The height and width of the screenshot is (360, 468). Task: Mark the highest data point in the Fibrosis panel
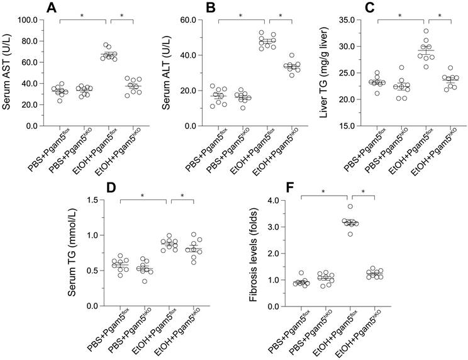[350, 206]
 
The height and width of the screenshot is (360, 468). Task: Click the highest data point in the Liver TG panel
[426, 30]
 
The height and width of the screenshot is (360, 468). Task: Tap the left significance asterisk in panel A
[84, 13]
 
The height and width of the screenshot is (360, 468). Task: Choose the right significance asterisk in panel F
[363, 192]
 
